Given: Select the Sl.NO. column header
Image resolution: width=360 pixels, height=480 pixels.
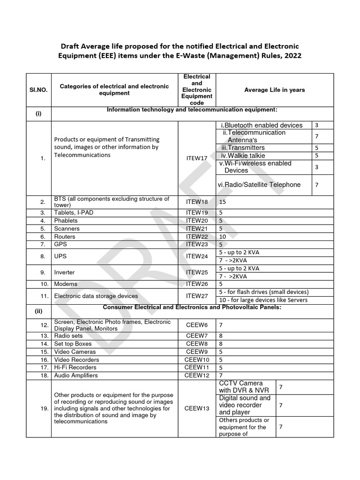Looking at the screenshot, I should (x=38, y=90).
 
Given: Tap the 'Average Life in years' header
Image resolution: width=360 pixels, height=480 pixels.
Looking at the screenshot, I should (x=274, y=90).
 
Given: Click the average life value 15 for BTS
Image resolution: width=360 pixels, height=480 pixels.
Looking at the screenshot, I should (x=223, y=202).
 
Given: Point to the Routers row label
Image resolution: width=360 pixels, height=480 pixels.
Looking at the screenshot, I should (x=65, y=237).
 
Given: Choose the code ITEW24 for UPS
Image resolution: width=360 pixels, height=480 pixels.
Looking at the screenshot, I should (x=196, y=256).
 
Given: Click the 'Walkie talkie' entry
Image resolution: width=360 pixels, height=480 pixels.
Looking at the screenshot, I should (x=244, y=155).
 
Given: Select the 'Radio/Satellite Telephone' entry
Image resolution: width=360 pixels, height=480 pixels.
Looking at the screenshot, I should (x=259, y=185).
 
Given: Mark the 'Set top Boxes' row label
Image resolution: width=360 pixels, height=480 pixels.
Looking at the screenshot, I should (x=71, y=344).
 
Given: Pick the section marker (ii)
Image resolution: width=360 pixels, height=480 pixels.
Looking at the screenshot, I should (x=38, y=311).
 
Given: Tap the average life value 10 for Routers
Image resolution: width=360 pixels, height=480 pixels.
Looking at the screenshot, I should (x=223, y=237).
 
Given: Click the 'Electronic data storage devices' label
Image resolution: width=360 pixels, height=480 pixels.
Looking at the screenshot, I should (x=96, y=296).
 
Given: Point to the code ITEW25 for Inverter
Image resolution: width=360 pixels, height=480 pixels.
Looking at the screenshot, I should (x=196, y=272).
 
